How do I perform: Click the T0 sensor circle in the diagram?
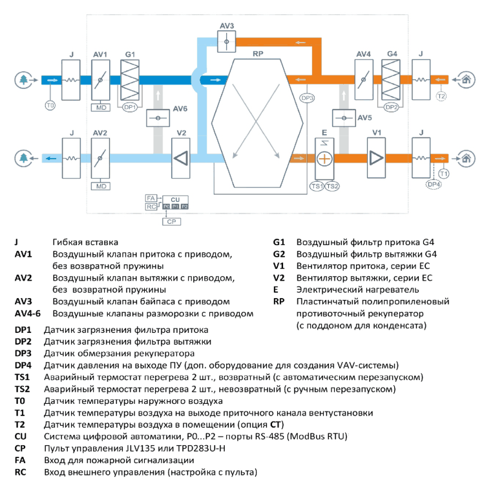pyautogui.click(x=50, y=105)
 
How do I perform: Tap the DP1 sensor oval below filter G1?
pyautogui.click(x=130, y=108)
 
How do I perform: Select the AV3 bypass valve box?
pyautogui.click(x=226, y=41)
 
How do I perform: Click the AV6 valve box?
pyautogui.click(x=158, y=118)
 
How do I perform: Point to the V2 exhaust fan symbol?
pyautogui.click(x=181, y=158)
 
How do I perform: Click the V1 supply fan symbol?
pyautogui.click(x=376, y=158)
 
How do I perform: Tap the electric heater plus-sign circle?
pyautogui.click(x=324, y=159)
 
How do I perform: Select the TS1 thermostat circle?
pyautogui.click(x=317, y=186)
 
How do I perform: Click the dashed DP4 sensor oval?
pyautogui.click(x=434, y=185)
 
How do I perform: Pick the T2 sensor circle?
pyautogui.click(x=441, y=96)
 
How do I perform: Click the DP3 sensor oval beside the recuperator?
pyautogui.click(x=307, y=98)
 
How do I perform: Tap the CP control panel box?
pyautogui.click(x=172, y=221)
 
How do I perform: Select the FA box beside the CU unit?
pyautogui.click(x=151, y=198)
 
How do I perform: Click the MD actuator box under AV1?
pyautogui.click(x=101, y=108)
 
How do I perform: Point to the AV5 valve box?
pyautogui.click(x=344, y=118)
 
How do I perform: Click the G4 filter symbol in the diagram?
pyautogui.click(x=391, y=80)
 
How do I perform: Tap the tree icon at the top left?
pyautogui.click(x=23, y=80)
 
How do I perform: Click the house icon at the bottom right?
pyautogui.click(x=467, y=159)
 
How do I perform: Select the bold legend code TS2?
pyautogui.click(x=23, y=389)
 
